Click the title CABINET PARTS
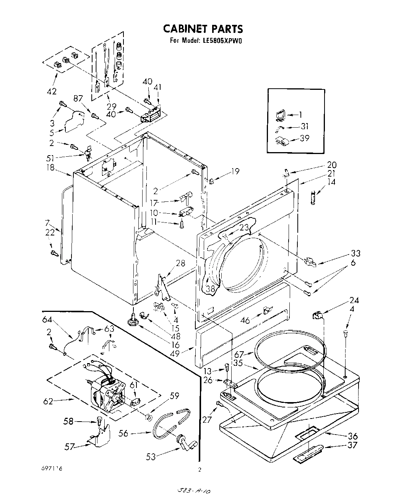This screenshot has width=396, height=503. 203,29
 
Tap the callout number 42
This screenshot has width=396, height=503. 51,91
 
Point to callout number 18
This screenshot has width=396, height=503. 50,167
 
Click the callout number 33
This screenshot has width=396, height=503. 355,253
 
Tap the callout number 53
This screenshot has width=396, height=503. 151,456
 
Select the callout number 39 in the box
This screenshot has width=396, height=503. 305,138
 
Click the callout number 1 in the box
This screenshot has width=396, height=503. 300,114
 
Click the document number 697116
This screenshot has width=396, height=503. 53,468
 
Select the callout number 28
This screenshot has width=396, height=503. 180,263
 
